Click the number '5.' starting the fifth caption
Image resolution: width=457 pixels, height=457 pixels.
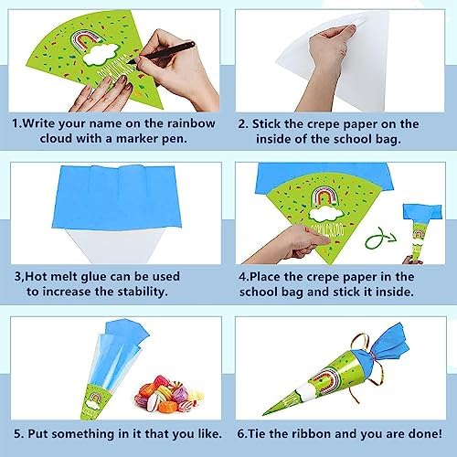click(18, 432)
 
